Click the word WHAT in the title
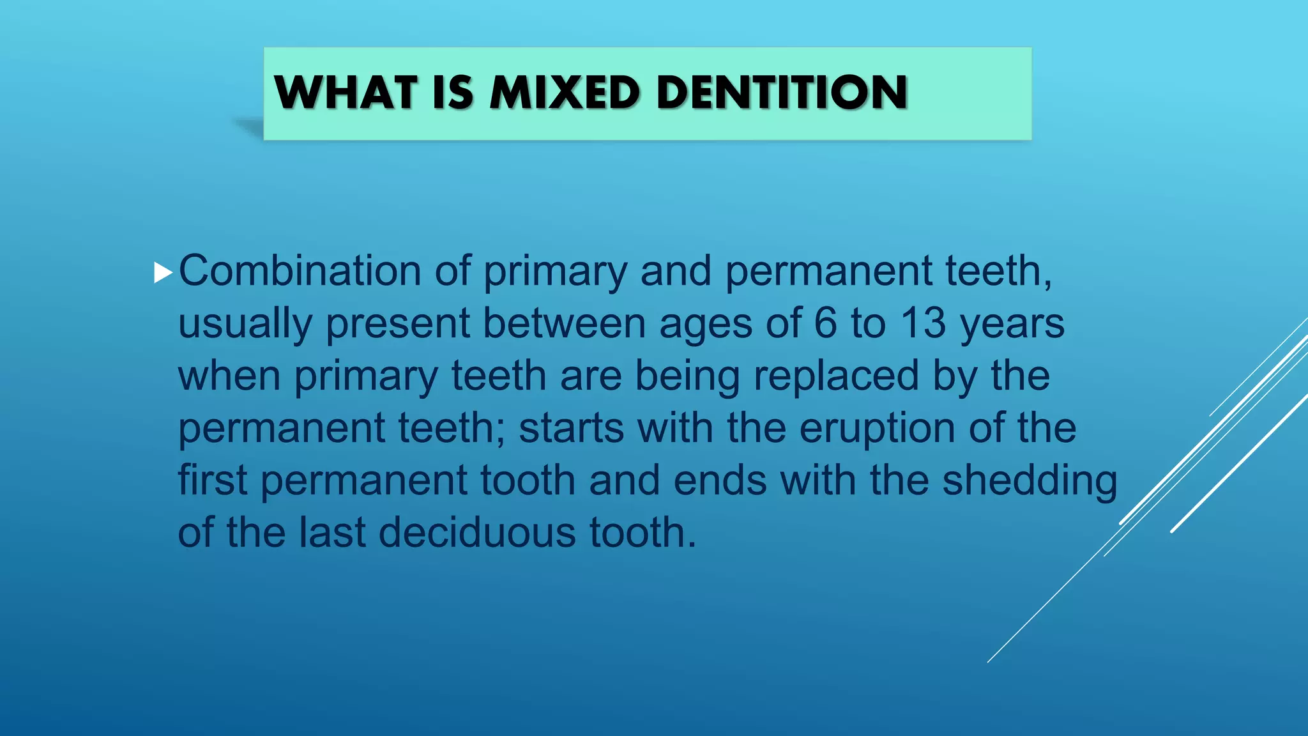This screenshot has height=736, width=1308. click(x=346, y=93)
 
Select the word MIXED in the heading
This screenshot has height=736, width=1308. click(x=565, y=93)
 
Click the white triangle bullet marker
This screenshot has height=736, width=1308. click(x=163, y=273)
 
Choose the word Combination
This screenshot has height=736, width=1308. click(x=300, y=271)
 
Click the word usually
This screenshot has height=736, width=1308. click(x=245, y=324)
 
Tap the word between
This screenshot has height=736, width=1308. click(x=564, y=323)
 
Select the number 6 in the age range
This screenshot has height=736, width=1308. click(x=825, y=323)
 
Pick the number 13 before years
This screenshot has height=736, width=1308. click(x=923, y=323)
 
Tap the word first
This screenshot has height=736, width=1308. click(x=212, y=480)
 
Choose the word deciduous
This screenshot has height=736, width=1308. click(x=477, y=533)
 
